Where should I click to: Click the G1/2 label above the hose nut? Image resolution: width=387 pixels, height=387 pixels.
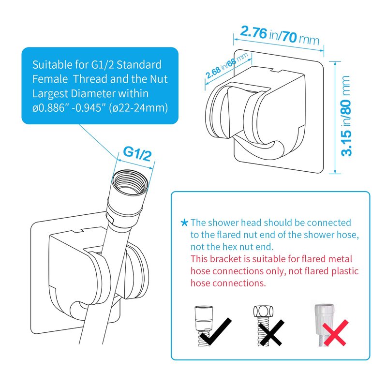click(x=137, y=153)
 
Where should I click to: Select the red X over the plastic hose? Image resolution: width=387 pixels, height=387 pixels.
click(x=336, y=333)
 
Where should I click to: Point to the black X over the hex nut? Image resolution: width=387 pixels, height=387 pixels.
click(x=271, y=333)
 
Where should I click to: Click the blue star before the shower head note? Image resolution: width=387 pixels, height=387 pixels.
click(x=184, y=223)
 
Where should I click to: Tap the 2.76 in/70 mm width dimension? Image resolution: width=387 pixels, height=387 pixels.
click(x=280, y=35)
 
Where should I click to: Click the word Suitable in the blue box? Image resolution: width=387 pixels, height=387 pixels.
click(x=52, y=65)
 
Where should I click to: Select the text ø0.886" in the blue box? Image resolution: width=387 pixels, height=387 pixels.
click(x=51, y=108)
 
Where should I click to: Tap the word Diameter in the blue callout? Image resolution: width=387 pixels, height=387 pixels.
click(x=93, y=93)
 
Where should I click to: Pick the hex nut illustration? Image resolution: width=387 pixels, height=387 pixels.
click(x=263, y=312)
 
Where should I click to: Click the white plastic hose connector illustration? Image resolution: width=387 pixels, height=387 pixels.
click(x=324, y=315)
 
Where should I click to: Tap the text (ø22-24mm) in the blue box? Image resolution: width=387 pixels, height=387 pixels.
click(x=138, y=108)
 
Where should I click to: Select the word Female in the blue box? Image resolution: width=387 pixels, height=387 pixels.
click(x=50, y=79)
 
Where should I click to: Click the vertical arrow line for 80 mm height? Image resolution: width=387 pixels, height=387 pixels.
click(x=335, y=118)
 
